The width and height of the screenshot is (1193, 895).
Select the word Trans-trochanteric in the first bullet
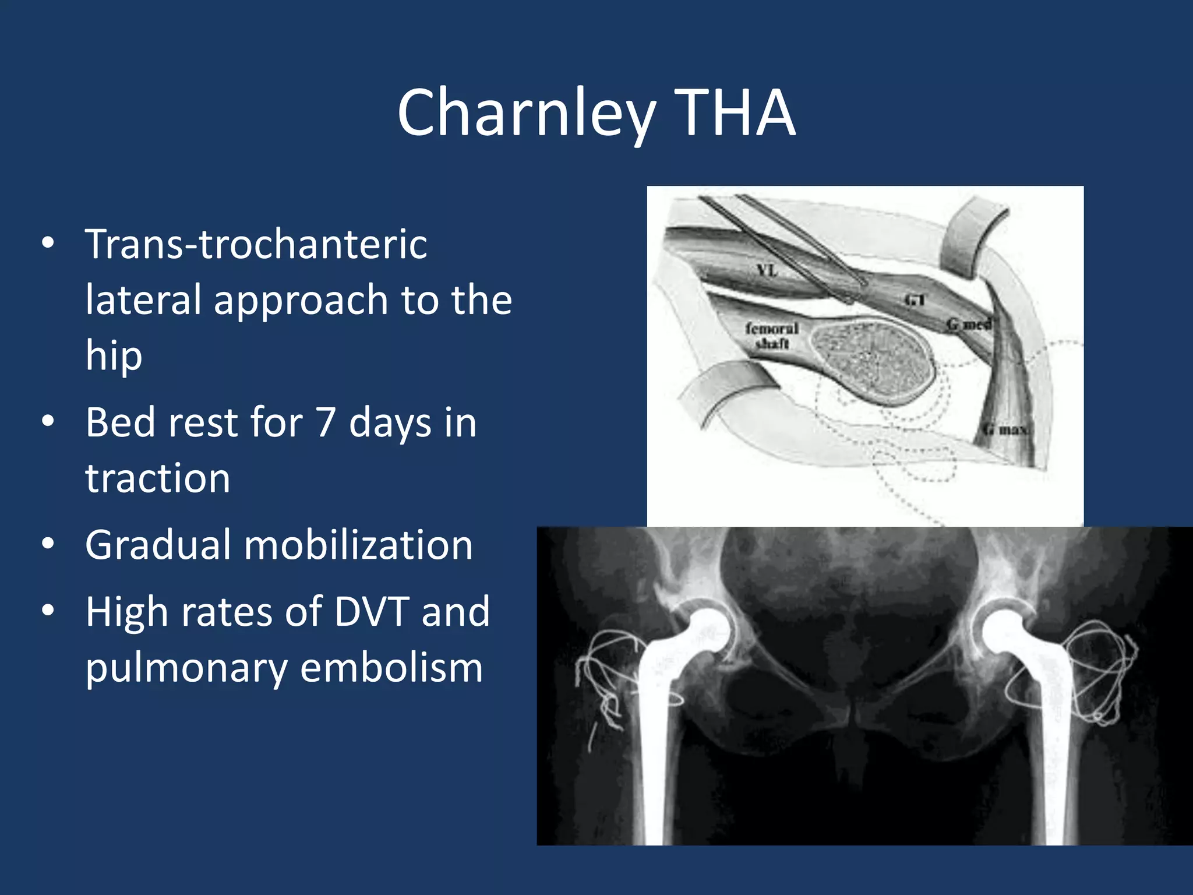(256, 245)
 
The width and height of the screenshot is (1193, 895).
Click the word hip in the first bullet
(114, 355)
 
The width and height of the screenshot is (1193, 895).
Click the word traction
(158, 478)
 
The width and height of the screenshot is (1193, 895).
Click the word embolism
(391, 668)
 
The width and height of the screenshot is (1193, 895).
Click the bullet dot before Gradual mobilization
(48, 544)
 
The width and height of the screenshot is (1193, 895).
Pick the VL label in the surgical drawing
(767, 270)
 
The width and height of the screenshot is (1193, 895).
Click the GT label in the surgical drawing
(915, 300)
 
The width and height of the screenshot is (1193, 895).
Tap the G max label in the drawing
(1007, 430)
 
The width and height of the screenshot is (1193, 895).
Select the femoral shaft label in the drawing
(772, 336)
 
